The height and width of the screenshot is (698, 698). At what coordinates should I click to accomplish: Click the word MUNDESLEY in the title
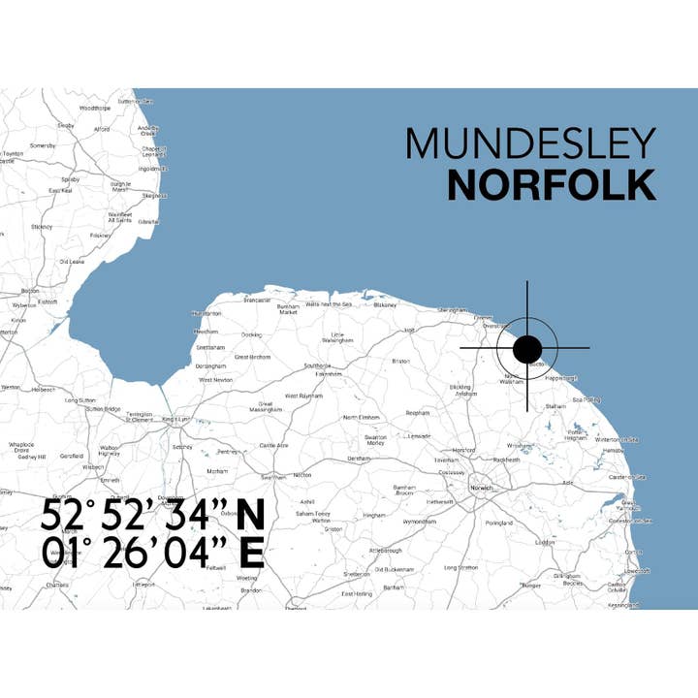coord(530,144)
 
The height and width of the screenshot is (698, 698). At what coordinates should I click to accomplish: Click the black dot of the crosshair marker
coord(527,348)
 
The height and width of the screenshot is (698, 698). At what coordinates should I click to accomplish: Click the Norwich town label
coord(483,488)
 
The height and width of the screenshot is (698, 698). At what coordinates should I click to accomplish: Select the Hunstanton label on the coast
coord(207,314)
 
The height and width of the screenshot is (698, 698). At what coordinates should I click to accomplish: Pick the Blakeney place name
coord(384,304)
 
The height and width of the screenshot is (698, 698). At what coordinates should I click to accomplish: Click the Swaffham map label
coord(273,477)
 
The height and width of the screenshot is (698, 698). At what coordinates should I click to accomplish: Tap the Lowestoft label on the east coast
coord(637,572)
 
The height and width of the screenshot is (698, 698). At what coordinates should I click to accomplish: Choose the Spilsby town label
coord(70,179)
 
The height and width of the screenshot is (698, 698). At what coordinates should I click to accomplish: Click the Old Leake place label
coord(73,262)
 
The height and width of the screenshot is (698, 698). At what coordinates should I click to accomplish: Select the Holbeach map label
coord(44,390)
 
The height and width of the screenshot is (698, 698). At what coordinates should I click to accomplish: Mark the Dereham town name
coord(360,457)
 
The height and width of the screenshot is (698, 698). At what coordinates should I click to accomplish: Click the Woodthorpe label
coord(95,108)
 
